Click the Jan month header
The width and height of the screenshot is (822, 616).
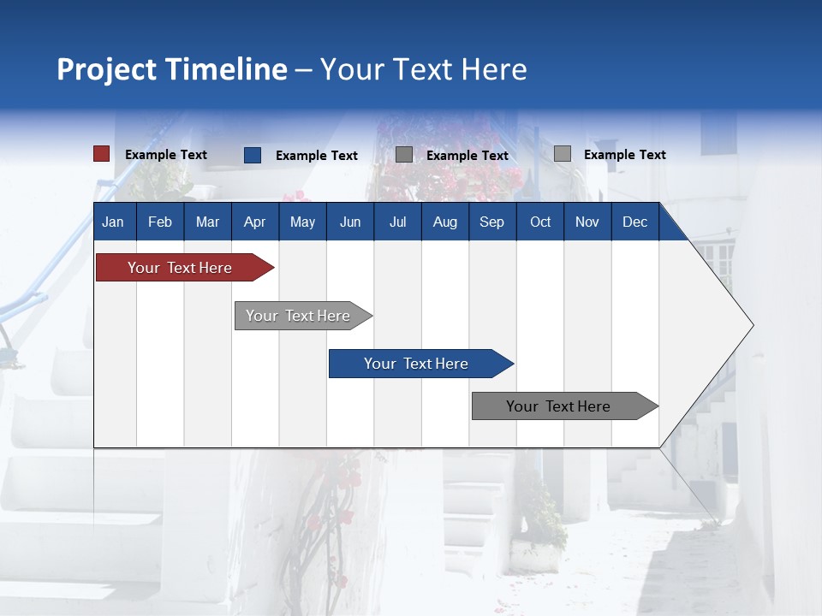[113, 222]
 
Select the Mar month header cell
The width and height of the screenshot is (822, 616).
[207, 222]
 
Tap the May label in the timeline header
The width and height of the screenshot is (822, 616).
[302, 222]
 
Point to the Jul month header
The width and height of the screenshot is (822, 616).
[397, 222]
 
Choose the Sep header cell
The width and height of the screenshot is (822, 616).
[491, 222]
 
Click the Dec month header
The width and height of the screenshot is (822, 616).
[634, 222]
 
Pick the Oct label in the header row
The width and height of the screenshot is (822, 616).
[540, 222]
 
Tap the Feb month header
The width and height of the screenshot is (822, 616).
[160, 222]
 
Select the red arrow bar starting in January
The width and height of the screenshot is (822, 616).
[180, 268]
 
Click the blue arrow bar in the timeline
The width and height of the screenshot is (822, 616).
[416, 364]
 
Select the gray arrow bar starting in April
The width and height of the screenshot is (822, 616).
[298, 316]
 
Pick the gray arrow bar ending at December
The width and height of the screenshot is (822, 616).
[558, 406]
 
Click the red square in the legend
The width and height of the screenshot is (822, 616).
[102, 154]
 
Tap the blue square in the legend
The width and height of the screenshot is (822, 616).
[253, 155]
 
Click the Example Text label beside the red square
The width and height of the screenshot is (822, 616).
[166, 155]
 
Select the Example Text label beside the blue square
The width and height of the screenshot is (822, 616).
[317, 156]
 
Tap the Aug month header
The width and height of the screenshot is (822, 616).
[444, 222]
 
